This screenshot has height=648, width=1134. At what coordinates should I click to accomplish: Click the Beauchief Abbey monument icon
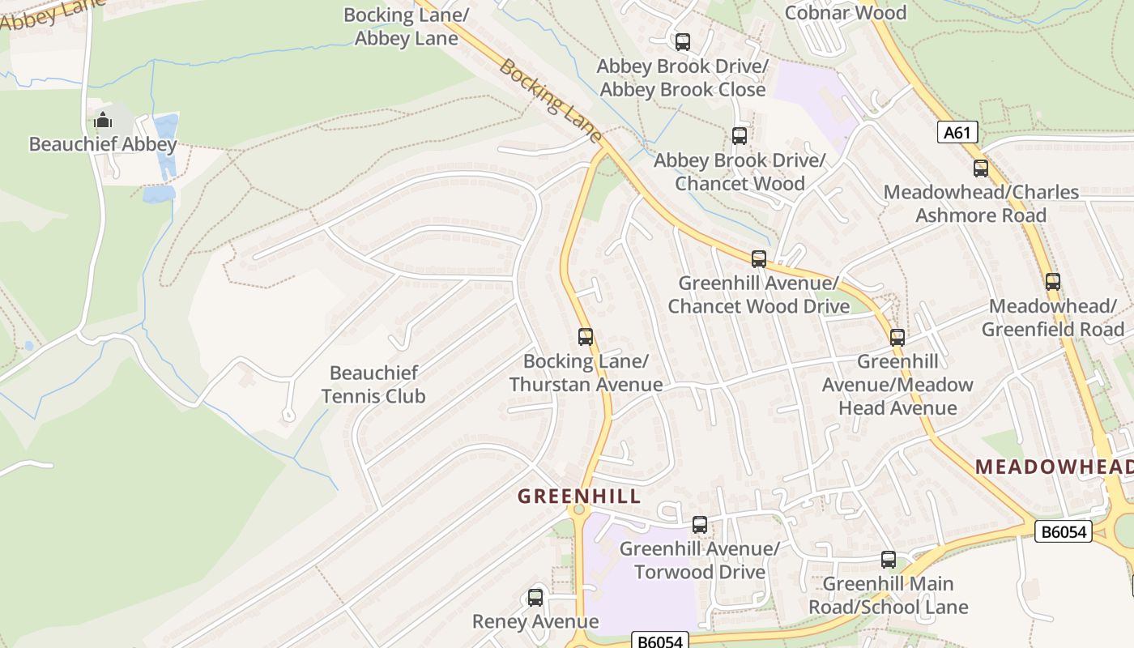point(103,121)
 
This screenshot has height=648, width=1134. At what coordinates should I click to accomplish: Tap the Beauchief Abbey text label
point(103,145)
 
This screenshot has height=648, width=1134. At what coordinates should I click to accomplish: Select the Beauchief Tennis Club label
point(373,385)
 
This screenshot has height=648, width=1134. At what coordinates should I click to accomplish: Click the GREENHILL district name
point(578,497)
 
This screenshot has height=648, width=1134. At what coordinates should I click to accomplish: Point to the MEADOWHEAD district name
point(1053,467)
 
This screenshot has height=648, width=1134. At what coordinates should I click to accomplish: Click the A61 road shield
point(957,132)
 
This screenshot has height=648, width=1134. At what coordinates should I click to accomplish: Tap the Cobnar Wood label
point(845,13)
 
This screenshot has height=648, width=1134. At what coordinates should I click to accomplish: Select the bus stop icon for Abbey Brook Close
point(683,41)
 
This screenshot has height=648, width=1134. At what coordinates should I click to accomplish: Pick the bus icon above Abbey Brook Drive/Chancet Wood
point(740,135)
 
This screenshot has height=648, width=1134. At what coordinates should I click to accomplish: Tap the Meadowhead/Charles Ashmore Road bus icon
point(981,168)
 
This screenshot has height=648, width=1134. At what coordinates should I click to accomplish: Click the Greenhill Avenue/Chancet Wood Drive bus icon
point(759,259)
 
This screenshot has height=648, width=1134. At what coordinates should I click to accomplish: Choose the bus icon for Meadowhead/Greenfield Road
point(1052,282)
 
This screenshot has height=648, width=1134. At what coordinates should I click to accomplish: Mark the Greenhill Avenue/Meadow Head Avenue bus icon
point(897,337)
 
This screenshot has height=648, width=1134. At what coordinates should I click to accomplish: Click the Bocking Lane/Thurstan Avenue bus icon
point(586,336)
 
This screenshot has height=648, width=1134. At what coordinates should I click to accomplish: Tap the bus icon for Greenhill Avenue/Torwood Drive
point(700,524)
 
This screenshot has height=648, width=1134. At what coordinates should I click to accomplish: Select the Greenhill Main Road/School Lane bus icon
point(889,559)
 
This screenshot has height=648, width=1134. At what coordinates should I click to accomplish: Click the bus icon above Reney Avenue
point(535,598)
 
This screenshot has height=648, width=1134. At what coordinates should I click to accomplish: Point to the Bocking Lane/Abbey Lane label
point(407,27)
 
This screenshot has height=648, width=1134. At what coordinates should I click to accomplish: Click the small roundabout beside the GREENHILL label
point(578,510)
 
